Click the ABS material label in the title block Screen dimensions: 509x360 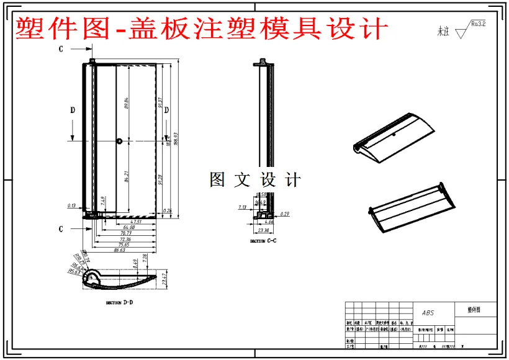(x=428, y=313)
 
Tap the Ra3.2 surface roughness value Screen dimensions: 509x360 (x=478, y=24)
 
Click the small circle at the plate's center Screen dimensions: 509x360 (x=119, y=142)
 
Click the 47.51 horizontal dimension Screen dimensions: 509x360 (x=135, y=221)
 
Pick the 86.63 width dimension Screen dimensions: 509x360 (x=118, y=250)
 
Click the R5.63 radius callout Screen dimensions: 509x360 (x=73, y=271)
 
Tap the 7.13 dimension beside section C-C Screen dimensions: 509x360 (x=242, y=207)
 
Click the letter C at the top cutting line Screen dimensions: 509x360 (x=61, y=48)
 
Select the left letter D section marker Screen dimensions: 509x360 (x=72, y=110)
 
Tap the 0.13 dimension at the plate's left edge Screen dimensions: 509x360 (x=72, y=205)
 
